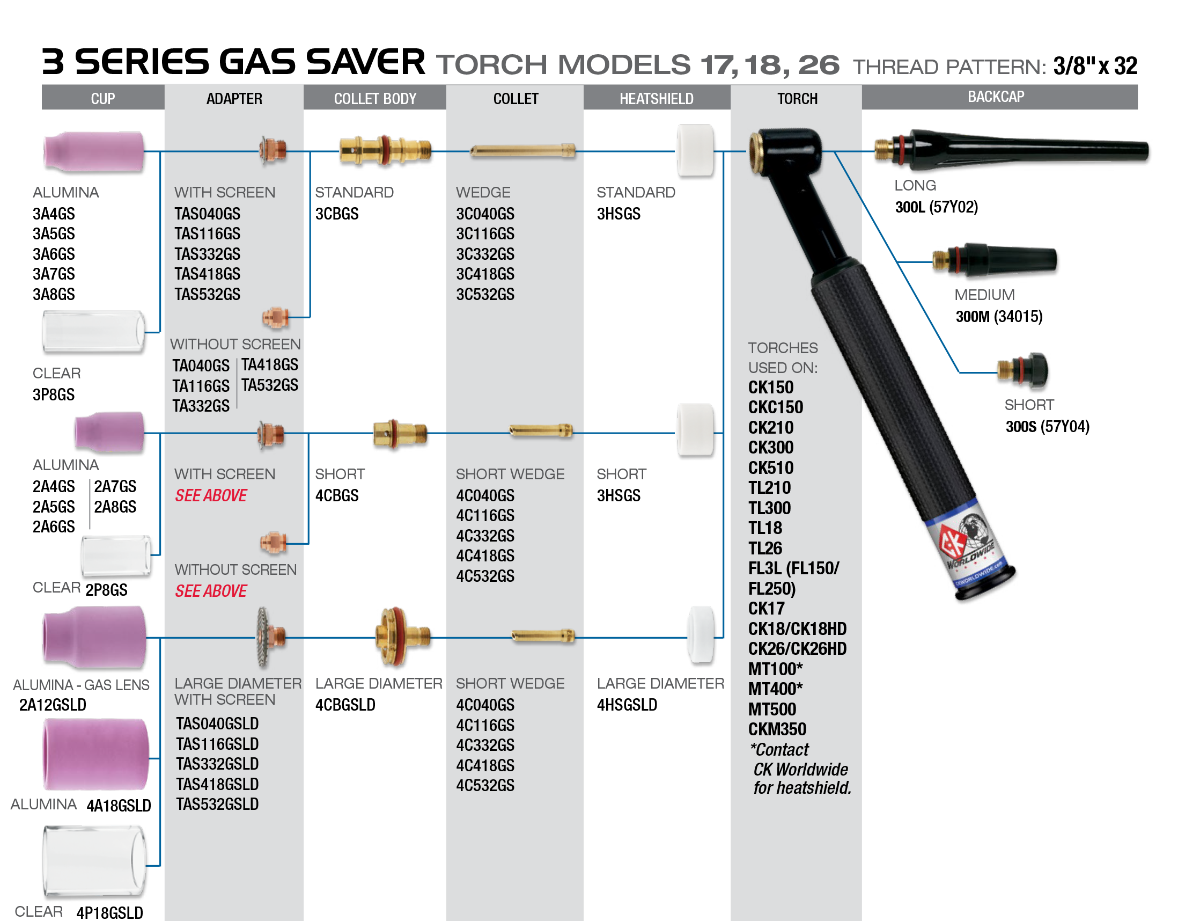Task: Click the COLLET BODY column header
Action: pyautogui.click(x=375, y=99)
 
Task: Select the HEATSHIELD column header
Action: pyautogui.click(x=656, y=99)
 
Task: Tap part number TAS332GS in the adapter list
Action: pyautogui.click(x=207, y=254)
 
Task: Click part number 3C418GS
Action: pyautogui.click(x=485, y=274)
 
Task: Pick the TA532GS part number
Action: pyautogui.click(x=270, y=385)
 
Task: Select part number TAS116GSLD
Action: pyautogui.click(x=217, y=744)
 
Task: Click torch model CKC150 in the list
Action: pyautogui.click(x=775, y=407)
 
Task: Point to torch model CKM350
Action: pyautogui.click(x=777, y=729)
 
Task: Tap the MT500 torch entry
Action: pyautogui.click(x=772, y=710)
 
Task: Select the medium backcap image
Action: pyautogui.click(x=993, y=260)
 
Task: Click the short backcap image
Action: pyautogui.click(x=1022, y=370)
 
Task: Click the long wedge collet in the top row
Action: pyautogui.click(x=522, y=150)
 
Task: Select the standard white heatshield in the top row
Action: pyautogui.click(x=695, y=150)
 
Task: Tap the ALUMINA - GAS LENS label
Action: pyautogui.click(x=81, y=685)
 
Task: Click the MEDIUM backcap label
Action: pyautogui.click(x=984, y=295)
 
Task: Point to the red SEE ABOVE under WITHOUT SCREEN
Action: pyautogui.click(x=211, y=591)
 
